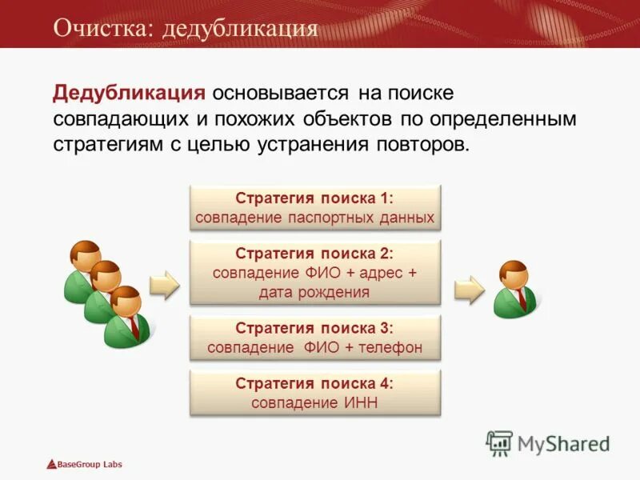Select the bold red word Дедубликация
point(129,93)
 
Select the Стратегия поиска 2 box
point(314,272)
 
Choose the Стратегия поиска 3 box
point(314,338)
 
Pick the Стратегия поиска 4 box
point(314,393)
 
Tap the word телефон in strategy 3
point(382,348)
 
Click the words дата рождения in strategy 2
point(314,292)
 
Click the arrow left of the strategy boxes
point(165,285)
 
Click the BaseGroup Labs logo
point(84,464)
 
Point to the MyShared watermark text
point(563,443)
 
